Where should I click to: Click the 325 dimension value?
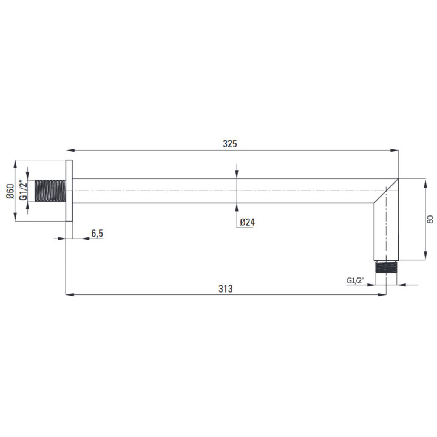230,144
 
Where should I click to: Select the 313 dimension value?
225,289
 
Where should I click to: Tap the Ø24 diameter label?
247,222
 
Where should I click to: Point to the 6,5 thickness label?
97,233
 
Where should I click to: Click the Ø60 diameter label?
10,191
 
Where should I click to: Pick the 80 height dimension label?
430,219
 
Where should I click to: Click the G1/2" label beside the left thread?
23,191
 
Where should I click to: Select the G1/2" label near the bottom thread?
355,280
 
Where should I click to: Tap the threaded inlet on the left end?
50,191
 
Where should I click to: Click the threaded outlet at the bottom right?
386,266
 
